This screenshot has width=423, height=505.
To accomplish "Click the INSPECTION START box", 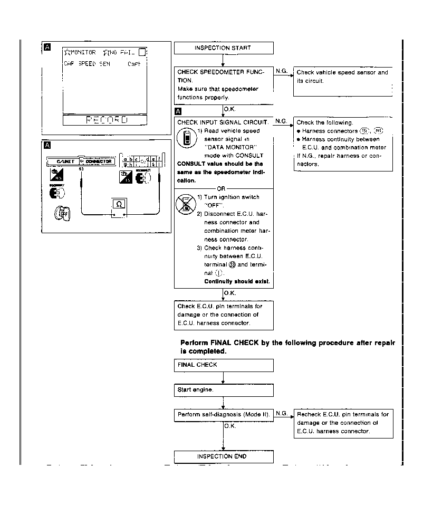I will point(224,48).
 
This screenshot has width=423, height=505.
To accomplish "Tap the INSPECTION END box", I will point(224,456).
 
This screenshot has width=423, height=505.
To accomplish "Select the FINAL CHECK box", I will point(224,365).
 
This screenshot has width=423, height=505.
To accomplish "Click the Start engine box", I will point(224,390).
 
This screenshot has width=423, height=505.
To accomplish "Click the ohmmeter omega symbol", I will point(119,204).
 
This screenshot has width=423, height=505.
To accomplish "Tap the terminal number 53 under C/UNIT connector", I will point(81,169).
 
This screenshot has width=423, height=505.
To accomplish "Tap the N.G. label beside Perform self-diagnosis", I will point(281,413).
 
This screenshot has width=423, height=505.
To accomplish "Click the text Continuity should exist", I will point(237,282).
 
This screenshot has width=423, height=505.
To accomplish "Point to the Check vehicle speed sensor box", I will point(343,81).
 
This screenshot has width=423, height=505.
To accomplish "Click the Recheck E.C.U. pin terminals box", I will point(343,423).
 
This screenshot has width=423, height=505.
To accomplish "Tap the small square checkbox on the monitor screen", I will point(142,52).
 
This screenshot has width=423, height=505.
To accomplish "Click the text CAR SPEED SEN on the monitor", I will point(86,64).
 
